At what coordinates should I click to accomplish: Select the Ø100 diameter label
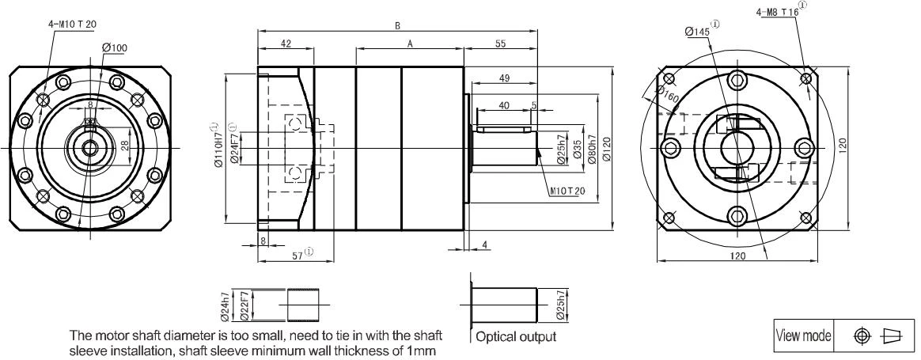tap(115, 47)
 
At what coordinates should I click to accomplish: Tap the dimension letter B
tap(398, 26)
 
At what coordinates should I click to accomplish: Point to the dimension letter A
tap(410, 44)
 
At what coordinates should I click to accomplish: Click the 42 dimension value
tap(286, 44)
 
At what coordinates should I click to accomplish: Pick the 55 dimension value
tap(500, 44)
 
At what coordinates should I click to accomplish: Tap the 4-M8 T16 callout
tap(781, 10)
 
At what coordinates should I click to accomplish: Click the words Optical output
tap(515, 336)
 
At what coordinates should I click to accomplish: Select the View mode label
tap(803, 336)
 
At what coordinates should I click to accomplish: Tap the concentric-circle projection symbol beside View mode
tap(862, 336)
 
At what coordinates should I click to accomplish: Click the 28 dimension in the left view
tap(124, 146)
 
